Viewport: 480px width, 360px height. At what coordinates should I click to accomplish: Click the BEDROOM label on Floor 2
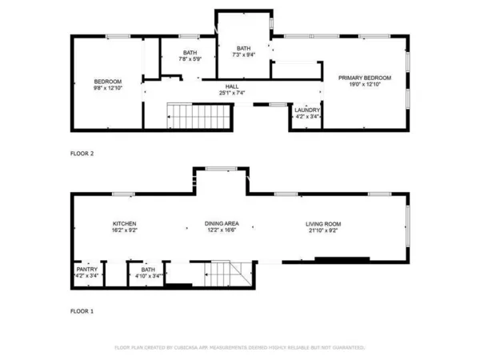coord(108,82)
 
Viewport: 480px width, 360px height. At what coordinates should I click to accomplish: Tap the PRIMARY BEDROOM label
coord(365,78)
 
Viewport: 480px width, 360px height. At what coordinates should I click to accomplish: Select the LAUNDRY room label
coord(307,110)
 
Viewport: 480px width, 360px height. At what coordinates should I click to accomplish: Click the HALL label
coord(231,86)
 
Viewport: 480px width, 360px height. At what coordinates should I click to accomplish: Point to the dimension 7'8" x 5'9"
coord(190,58)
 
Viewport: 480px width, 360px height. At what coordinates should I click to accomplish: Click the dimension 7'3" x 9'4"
coord(243,55)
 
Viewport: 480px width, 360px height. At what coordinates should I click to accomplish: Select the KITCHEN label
coord(124,223)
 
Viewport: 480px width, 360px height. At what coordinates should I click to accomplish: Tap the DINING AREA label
coord(222,223)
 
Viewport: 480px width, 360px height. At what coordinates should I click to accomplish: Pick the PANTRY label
coord(86,270)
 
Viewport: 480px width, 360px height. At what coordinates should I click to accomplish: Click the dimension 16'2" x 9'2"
coord(124,230)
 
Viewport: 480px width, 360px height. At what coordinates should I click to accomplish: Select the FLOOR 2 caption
coord(82,154)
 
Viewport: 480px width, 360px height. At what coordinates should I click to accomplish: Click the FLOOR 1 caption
coord(82,310)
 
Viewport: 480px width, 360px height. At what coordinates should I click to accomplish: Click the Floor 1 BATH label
coord(148,270)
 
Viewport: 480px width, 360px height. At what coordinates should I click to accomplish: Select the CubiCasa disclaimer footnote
coord(240,348)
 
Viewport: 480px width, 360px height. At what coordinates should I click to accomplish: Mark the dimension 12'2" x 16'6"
coord(222,230)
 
